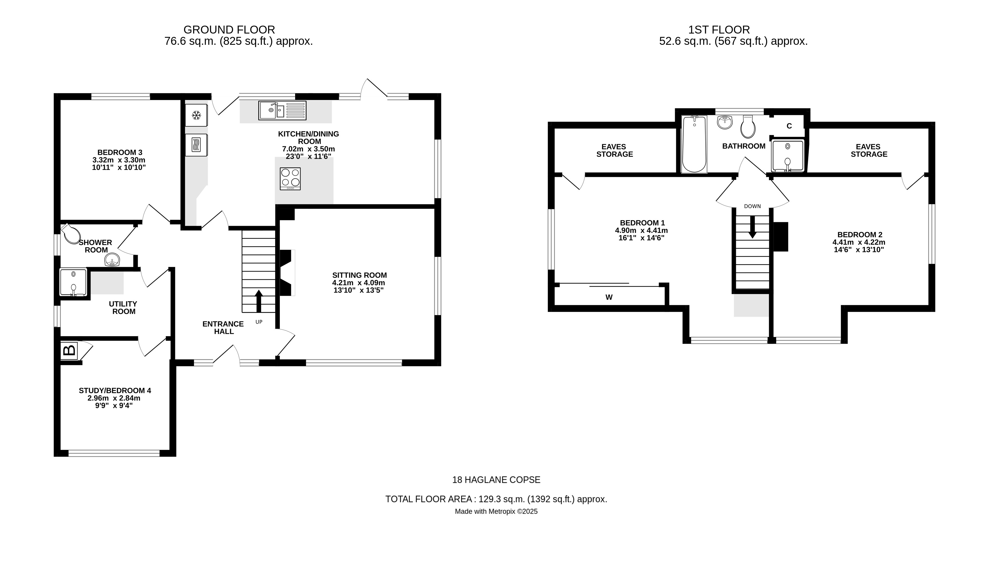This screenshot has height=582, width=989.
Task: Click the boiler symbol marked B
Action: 69,351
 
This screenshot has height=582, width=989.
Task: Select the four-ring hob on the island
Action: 290,179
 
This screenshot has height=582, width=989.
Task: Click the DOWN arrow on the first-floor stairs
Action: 752,226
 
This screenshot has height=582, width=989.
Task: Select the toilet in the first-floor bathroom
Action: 748,127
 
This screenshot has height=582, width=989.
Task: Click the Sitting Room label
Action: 359,275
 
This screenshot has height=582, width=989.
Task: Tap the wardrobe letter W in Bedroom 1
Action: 609,298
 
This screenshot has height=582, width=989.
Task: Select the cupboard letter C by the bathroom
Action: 789,126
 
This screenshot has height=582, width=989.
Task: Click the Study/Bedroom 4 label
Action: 115,391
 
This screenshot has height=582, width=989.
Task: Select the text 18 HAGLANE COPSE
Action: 496,480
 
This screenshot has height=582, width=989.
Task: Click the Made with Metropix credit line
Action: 496,511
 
